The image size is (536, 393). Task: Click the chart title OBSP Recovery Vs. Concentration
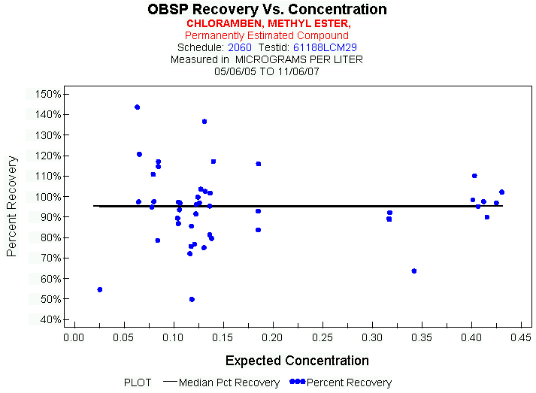point(267,10)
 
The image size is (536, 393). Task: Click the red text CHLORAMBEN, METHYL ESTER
point(267,23)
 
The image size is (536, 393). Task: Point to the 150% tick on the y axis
point(48,94)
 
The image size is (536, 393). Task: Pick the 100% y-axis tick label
point(48,196)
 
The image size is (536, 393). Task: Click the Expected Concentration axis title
point(297,361)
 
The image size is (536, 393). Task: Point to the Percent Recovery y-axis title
point(12,207)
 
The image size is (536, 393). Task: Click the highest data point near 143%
point(138,107)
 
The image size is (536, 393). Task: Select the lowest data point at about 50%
point(192,299)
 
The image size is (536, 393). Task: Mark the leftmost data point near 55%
point(100,289)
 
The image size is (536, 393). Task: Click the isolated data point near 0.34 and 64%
point(414,271)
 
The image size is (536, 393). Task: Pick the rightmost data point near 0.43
point(502,192)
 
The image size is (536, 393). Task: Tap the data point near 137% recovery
point(204,121)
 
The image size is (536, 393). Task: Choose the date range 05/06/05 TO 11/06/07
point(267,71)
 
